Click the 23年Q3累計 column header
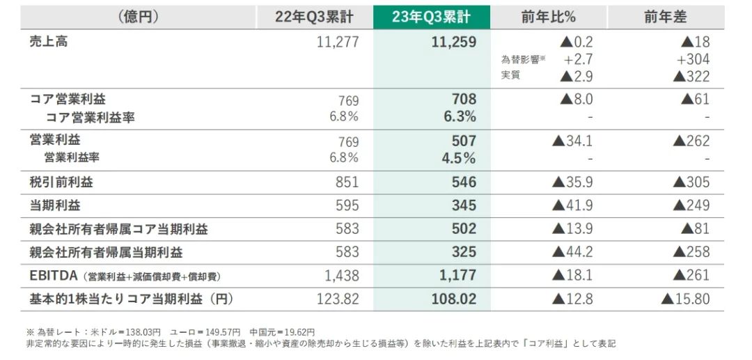[x=431, y=17]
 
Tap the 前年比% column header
[x=548, y=17]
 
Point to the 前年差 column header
[x=665, y=17]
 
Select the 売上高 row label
[x=49, y=42]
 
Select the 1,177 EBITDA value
[x=457, y=276]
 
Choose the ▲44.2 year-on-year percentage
[x=572, y=252]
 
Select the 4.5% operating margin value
[x=459, y=158]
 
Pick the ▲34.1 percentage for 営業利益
[x=572, y=141]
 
